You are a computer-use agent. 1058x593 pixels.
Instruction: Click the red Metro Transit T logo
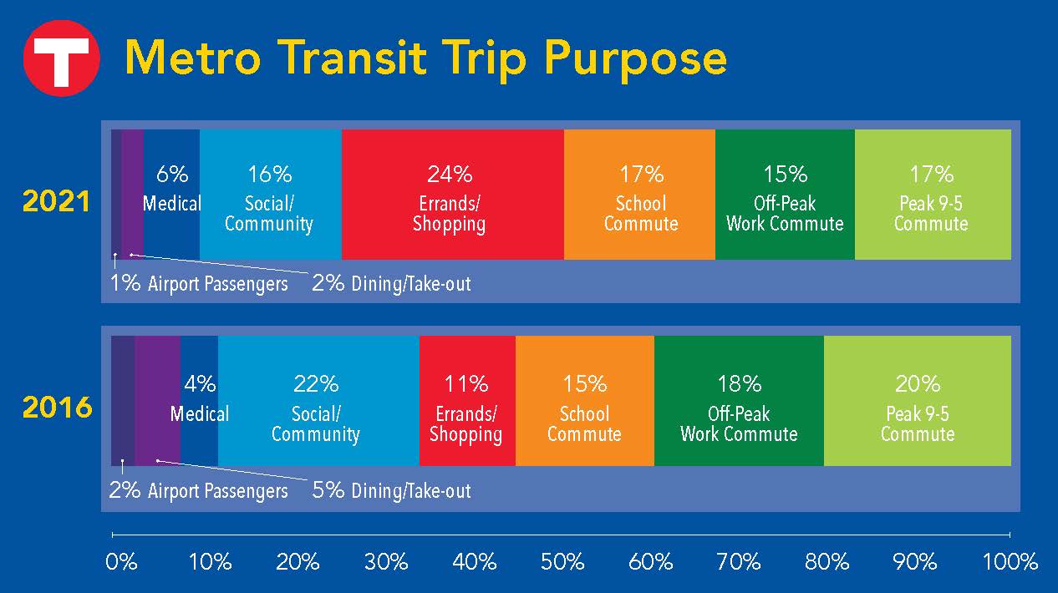pos(61,58)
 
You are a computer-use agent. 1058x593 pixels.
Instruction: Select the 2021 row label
pos(56,201)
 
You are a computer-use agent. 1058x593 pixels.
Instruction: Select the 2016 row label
pos(57,407)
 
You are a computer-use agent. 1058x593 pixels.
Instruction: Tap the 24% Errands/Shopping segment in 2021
pos(452,195)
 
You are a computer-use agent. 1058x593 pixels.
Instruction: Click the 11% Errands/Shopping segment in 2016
pos(467,401)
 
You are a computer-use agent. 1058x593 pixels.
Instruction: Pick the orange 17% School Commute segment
pos(639,195)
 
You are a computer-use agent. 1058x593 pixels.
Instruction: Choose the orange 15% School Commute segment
pos(585,401)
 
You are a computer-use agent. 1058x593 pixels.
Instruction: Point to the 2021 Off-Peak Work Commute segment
pos(785,195)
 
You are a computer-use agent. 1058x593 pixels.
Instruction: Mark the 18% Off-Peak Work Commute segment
pos(740,401)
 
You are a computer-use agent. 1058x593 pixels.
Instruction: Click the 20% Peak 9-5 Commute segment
pos(918,401)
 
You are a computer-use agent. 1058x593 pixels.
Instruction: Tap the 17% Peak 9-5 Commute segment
pos(933,195)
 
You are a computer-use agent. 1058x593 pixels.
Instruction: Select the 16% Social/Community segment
pos(271,195)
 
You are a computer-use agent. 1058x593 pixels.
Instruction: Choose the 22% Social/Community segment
pos(318,401)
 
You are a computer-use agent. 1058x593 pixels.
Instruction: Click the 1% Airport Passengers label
pos(199,284)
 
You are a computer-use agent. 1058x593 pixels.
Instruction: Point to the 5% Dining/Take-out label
pos(392,490)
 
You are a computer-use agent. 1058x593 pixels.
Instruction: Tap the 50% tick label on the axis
pos(562,562)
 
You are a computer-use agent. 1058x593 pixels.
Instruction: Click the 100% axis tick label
pos(1010,562)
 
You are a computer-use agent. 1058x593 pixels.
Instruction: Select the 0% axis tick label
pos(121,562)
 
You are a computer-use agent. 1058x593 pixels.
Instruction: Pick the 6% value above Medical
pos(172,175)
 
